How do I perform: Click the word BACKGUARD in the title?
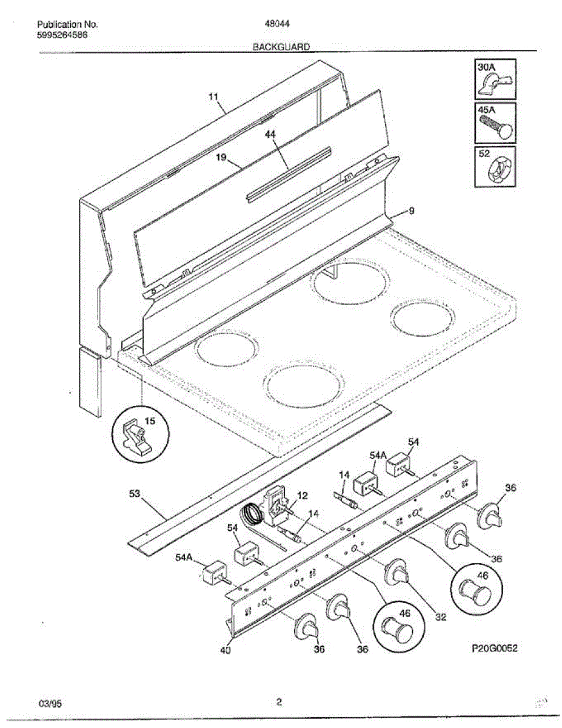click(281, 46)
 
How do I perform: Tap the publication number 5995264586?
click(62, 35)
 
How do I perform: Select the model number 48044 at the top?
click(276, 25)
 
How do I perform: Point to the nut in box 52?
click(496, 172)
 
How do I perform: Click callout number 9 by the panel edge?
click(411, 212)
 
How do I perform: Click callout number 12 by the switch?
click(302, 495)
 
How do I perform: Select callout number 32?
click(440, 618)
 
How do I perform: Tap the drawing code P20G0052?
click(494, 649)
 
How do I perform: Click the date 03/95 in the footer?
click(50, 704)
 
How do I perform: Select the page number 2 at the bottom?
click(279, 703)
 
